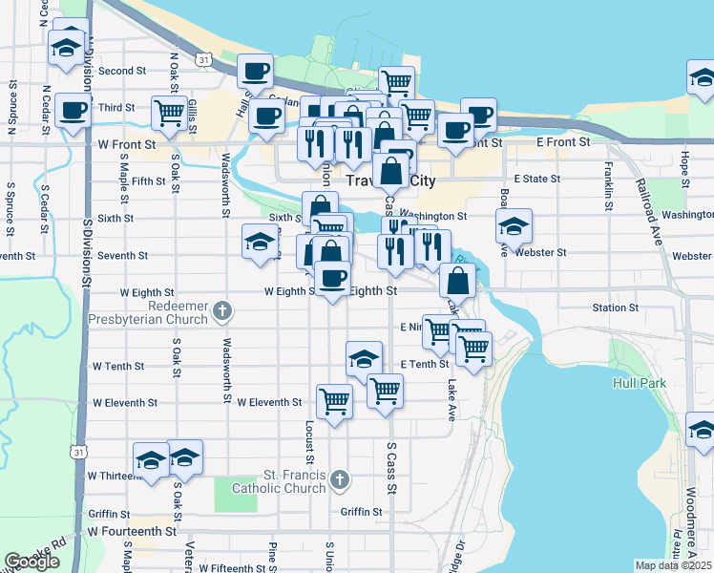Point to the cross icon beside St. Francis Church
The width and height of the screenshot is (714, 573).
pyautogui.click(x=341, y=477)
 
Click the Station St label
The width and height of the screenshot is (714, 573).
pyautogui.click(x=615, y=308)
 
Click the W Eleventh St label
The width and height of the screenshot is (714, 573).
pyautogui.click(x=269, y=403)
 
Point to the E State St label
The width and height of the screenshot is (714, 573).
pyautogui.click(x=536, y=179)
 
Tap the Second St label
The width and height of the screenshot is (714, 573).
pyautogui.click(x=121, y=71)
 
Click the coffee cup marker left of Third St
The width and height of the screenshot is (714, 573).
pyautogui.click(x=73, y=111)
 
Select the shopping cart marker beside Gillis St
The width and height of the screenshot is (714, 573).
pyautogui.click(x=169, y=112)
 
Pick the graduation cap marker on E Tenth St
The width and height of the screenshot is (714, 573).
pyautogui.click(x=364, y=359)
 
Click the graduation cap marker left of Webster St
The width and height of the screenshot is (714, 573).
pyautogui.click(x=514, y=227)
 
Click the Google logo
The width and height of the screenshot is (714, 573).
pyautogui.click(x=31, y=562)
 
